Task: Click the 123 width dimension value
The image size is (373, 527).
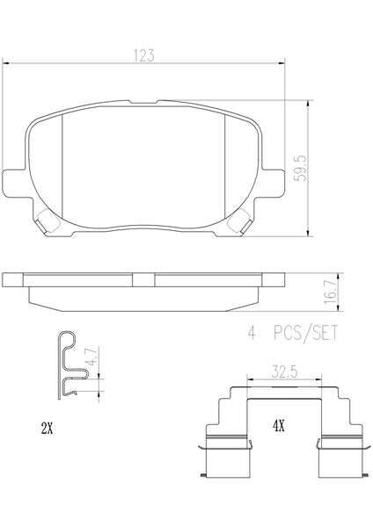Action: [143, 55]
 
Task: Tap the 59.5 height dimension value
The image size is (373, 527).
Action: [300, 168]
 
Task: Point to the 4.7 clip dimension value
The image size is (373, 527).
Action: [91, 357]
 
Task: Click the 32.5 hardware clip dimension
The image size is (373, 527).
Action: [284, 372]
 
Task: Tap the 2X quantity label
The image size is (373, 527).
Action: [47, 429]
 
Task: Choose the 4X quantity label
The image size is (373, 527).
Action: [279, 427]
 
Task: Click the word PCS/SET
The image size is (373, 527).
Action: [305, 334]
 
